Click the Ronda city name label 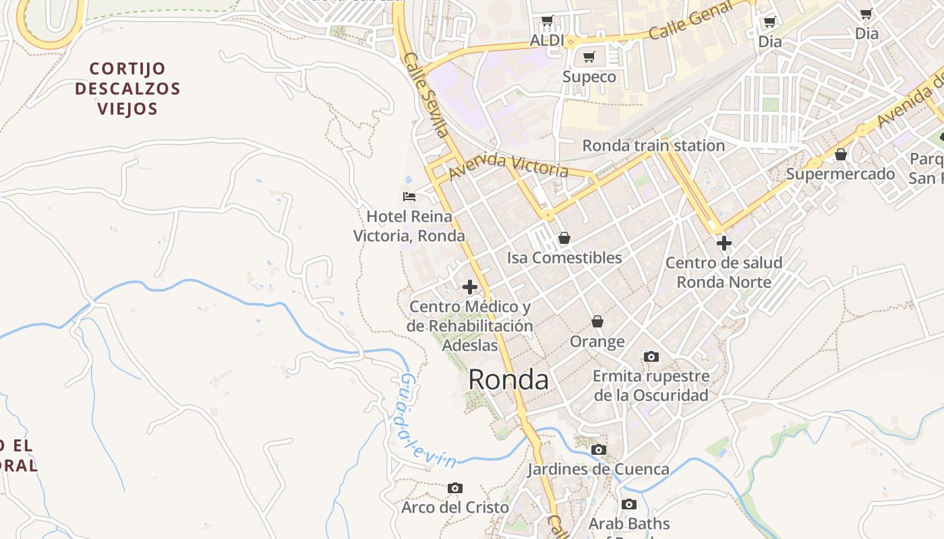tap(508, 380)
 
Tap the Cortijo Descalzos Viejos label tap(127, 88)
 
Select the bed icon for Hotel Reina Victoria tap(409, 197)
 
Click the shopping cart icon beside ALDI tap(547, 21)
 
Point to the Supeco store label tap(589, 77)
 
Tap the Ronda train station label tap(653, 146)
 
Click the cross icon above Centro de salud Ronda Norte tap(724, 243)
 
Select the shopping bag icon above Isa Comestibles tap(564, 238)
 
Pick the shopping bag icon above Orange tap(597, 321)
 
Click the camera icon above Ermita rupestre tap(651, 356)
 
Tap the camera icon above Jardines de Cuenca tap(598, 449)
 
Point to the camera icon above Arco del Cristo tap(455, 487)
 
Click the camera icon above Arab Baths tap(628, 504)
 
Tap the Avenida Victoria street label tap(509, 165)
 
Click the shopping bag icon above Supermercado tap(841, 154)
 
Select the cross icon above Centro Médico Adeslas tap(470, 287)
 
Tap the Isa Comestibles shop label tap(564, 258)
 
